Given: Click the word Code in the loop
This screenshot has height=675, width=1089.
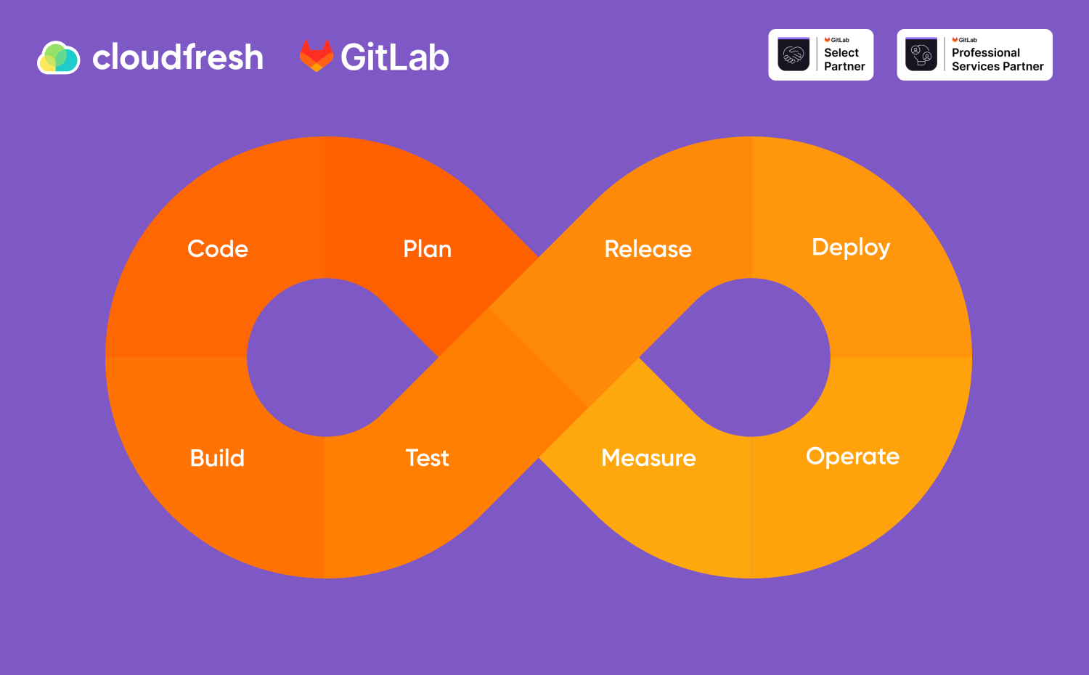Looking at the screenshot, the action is pos(218,249).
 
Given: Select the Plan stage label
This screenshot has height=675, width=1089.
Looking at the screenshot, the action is pos(428,249).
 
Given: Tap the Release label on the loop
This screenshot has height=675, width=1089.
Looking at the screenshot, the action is pos(648,249).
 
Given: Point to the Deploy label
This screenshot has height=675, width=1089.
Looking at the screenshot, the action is pos(851,247).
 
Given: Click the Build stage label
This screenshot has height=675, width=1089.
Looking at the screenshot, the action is pos(217,458).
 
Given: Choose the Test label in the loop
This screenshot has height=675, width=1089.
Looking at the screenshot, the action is pos(428,458).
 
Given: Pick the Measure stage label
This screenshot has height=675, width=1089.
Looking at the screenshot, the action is pos(648,458).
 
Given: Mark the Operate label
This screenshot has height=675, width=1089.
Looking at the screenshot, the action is pos(853,457).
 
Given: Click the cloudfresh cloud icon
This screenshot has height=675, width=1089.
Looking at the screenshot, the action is pos(58,57).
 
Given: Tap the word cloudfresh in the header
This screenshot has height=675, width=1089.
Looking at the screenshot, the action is pos(178,57).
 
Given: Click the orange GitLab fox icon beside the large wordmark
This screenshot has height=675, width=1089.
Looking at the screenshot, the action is pos(317,56).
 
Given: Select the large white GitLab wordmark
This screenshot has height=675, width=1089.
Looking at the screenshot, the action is pos(395,57).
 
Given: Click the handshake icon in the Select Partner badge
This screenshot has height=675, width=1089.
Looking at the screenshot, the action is pos(794,54).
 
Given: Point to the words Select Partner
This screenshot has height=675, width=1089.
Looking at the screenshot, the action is pos(844,60).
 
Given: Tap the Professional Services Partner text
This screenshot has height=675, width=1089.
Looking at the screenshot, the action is pos(998,60).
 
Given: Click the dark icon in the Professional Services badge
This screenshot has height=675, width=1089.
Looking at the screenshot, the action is pos(921,54).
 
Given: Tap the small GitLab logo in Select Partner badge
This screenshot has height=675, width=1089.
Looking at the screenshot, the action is pos(836,40).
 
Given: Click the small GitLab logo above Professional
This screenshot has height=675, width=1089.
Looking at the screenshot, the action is pos(965,40).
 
